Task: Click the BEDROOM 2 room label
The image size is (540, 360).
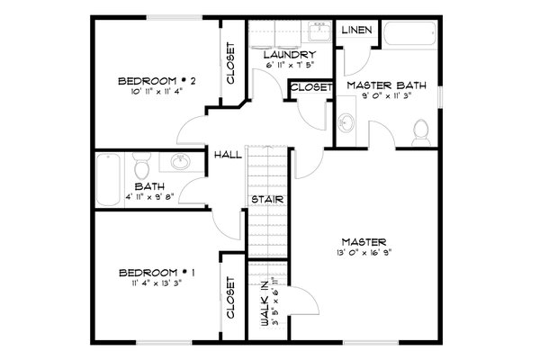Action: pyautogui.click(x=157, y=82)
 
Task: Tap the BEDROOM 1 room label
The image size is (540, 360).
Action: pyautogui.click(x=157, y=271)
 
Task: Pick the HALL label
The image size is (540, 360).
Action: pyautogui.click(x=227, y=155)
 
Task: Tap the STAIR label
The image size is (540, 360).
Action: pyautogui.click(x=263, y=199)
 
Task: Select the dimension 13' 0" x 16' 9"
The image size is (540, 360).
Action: pyautogui.click(x=364, y=253)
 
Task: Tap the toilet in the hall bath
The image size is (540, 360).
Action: pyautogui.click(x=140, y=166)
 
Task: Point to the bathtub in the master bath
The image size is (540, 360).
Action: pyautogui.click(x=409, y=37)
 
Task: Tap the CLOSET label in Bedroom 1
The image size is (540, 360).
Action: pyautogui.click(x=230, y=299)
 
